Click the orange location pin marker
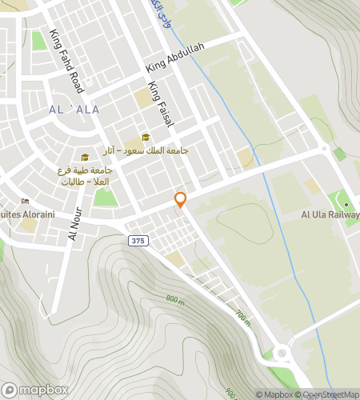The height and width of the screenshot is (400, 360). pyautogui.click(x=181, y=200)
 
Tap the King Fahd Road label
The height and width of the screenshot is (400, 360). pyautogui.click(x=66, y=59)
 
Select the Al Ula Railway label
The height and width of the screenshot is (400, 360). pyautogui.click(x=330, y=214)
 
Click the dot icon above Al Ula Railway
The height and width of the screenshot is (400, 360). pyautogui.click(x=346, y=203)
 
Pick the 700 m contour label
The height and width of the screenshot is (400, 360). pyautogui.click(x=243, y=318)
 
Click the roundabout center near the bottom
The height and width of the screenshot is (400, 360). pyautogui.click(x=282, y=353)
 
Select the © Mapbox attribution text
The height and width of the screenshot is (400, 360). pyautogui.click(x=274, y=394)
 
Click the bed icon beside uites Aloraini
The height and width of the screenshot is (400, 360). pyautogui.click(x=25, y=201)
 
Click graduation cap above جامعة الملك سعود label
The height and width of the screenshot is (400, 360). pyautogui.click(x=146, y=137)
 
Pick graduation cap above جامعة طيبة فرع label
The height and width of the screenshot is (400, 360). pyautogui.click(x=84, y=157)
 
